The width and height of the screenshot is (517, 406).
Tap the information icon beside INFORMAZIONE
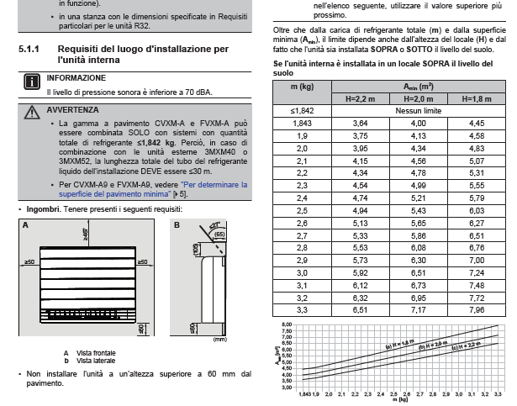point(31,81)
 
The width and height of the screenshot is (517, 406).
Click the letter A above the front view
point(25,225)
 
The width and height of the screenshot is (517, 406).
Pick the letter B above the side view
point(177,225)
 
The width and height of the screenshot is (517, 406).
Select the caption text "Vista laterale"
point(95,359)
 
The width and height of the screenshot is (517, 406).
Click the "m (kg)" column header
point(301,87)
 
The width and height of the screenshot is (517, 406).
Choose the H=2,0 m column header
point(415,99)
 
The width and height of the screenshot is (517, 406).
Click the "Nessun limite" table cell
point(415,111)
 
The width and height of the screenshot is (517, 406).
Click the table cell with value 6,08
point(415,247)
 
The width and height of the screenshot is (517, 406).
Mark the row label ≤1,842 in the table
point(301,111)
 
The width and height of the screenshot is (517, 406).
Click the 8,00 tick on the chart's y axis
point(286,324)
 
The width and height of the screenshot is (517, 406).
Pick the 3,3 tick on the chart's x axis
point(497,394)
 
